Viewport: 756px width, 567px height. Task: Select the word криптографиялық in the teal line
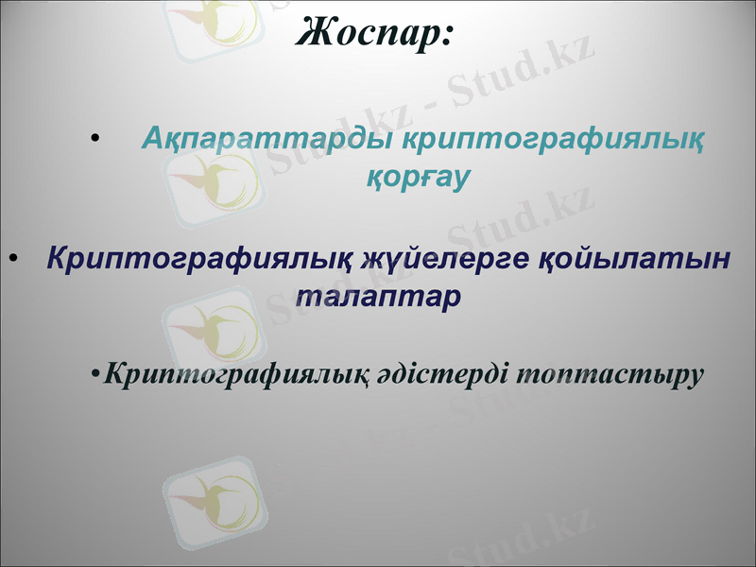[553, 140]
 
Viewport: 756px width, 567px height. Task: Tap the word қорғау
[417, 177]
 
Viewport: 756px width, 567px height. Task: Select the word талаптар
[378, 295]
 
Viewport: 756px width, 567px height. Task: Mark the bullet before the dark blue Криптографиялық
[12, 258]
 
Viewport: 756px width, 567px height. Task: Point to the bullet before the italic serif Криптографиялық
[96, 375]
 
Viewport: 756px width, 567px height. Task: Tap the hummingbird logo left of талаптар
[209, 326]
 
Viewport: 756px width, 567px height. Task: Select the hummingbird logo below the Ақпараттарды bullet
[209, 180]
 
